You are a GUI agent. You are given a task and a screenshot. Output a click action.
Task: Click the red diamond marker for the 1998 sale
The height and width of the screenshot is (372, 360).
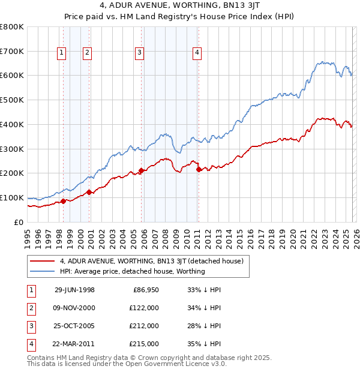pyautogui.click(x=64, y=201)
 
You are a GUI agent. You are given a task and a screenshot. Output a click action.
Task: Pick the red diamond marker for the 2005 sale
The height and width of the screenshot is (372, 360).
pyautogui.click(x=142, y=170)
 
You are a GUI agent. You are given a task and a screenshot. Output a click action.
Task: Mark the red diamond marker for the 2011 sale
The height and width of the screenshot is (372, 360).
pyautogui.click(x=199, y=170)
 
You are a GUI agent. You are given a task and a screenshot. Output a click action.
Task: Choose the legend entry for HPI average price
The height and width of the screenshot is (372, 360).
pyautogui.click(x=132, y=271)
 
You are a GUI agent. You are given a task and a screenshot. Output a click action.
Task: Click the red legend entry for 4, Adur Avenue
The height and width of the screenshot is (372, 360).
pyautogui.click(x=151, y=261)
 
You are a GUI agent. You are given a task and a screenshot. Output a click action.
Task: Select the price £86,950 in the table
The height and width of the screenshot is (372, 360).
pyautogui.click(x=144, y=290)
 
